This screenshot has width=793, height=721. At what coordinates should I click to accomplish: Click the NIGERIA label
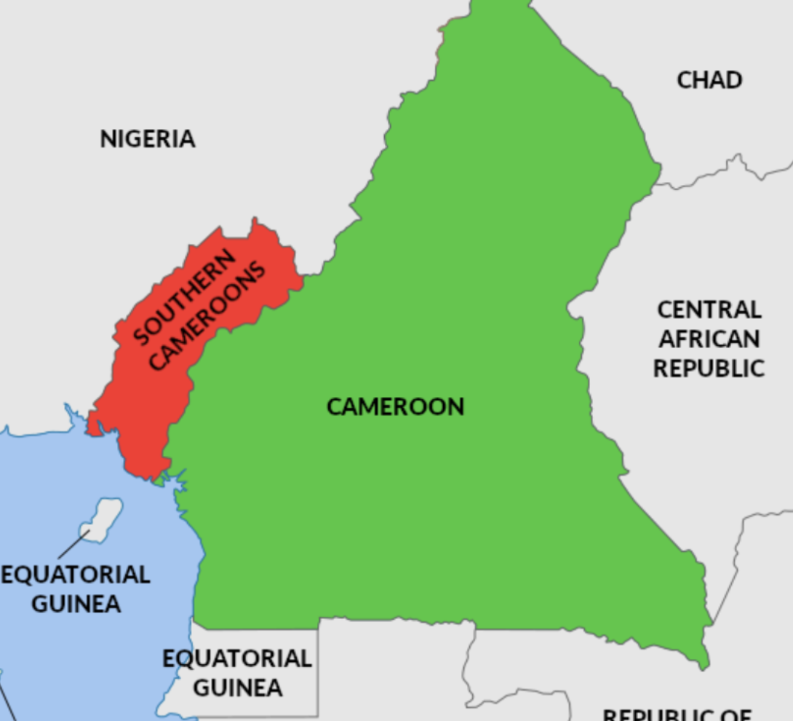[148, 138]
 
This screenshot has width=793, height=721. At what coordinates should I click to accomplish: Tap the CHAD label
[709, 79]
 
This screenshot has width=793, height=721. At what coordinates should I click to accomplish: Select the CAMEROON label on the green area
[395, 406]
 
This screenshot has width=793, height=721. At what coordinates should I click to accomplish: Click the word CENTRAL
[709, 310]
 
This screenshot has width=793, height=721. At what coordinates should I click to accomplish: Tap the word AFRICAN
[709, 339]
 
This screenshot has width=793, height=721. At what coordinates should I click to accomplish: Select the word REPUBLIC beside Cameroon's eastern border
[709, 369]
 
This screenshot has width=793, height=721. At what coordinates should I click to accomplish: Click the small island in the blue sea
[104, 516]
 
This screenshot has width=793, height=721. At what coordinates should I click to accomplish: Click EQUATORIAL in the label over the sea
[76, 575]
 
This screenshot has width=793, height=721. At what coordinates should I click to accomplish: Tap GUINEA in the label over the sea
[76, 604]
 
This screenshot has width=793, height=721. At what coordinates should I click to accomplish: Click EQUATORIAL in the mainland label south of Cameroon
[237, 658]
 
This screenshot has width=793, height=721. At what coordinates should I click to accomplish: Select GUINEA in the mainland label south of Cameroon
[237, 687]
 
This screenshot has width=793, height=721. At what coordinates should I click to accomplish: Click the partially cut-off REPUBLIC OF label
[677, 714]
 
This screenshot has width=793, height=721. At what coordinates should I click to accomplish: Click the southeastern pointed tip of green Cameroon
[704, 664]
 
